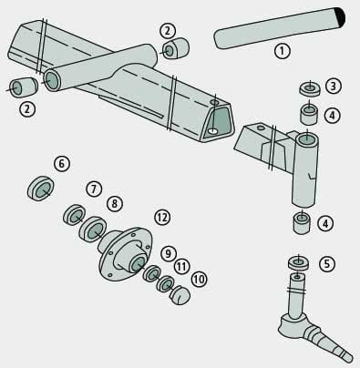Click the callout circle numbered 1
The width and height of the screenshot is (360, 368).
point(282,51)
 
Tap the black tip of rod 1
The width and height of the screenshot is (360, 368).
point(340,15)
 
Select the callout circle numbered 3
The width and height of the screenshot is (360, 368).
point(333,87)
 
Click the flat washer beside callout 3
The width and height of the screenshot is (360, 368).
point(308,89)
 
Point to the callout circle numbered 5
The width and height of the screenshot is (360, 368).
point(327,264)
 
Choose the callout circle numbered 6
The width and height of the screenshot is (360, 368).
point(62,164)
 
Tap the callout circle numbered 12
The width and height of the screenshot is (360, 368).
point(162,217)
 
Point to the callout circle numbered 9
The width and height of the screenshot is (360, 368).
point(168,252)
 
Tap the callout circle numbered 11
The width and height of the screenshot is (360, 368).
point(182,266)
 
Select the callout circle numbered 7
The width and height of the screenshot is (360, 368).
point(93,189)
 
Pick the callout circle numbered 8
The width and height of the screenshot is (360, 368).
point(114,203)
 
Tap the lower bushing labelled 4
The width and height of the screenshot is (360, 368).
point(300,222)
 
